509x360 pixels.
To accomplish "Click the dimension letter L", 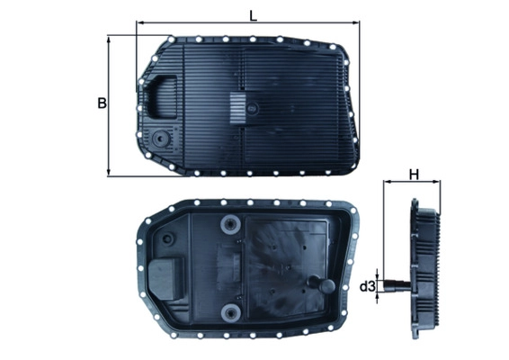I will click(253, 13).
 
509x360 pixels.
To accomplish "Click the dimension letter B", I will click(101, 103).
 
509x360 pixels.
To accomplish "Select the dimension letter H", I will click(415, 175).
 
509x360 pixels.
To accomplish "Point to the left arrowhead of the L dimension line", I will click(140, 24).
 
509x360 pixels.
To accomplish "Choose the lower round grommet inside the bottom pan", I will click(232, 313).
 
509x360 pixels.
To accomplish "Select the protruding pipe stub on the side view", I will click(396, 287).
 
